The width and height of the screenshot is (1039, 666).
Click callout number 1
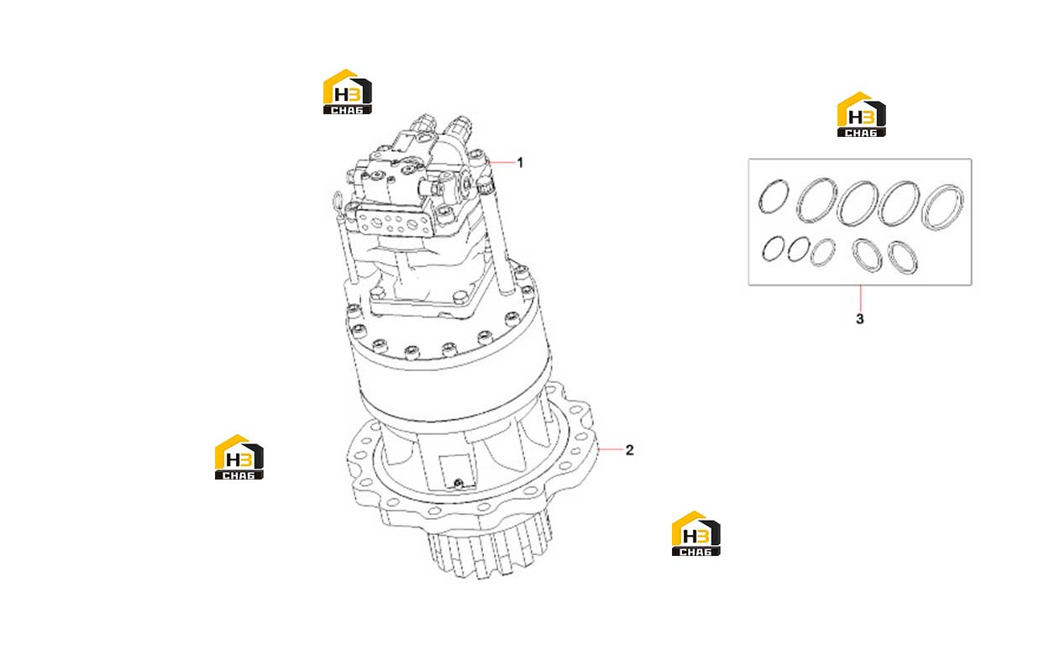click(x=520, y=163)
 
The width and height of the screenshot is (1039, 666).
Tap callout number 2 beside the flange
click(x=629, y=450)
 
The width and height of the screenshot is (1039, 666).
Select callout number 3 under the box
click(x=860, y=319)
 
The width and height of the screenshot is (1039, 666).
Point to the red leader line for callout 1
click(x=502, y=162)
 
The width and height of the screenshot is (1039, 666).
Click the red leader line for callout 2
click(x=611, y=449)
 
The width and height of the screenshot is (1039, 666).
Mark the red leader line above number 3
click(x=860, y=298)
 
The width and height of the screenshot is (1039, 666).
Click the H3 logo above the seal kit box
click(x=861, y=114)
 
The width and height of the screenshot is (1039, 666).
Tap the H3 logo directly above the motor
click(x=348, y=92)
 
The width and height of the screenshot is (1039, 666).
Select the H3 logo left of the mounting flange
click(x=239, y=457)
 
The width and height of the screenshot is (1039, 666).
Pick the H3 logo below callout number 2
click(x=695, y=533)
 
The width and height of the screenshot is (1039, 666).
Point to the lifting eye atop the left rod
click(x=337, y=201)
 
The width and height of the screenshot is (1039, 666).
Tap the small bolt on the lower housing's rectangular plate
click(x=459, y=483)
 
